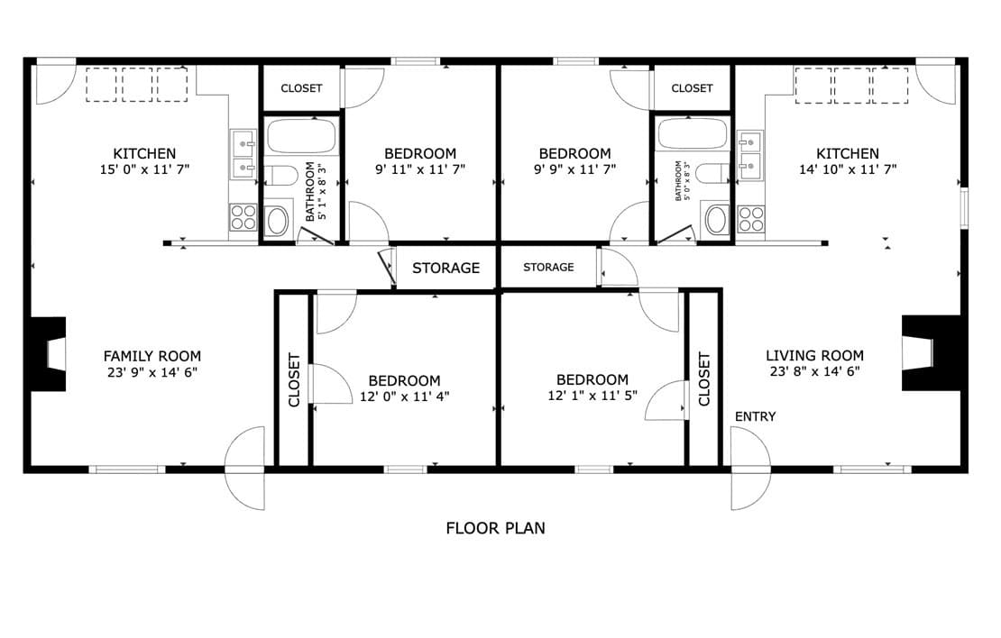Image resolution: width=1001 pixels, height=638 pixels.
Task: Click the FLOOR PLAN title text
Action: pyautogui.click(x=495, y=528)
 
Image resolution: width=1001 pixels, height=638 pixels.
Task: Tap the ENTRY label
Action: pyautogui.click(x=755, y=416)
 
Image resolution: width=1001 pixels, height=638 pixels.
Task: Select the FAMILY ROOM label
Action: pyautogui.click(x=152, y=356)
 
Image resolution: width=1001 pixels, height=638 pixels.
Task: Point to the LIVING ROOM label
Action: pyautogui.click(x=814, y=355)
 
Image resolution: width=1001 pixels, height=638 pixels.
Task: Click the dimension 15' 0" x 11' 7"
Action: pyautogui.click(x=145, y=169)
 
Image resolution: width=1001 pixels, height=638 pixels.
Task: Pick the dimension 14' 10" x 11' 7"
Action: pyautogui.click(x=848, y=169)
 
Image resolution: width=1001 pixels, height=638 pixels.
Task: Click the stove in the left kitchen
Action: pyautogui.click(x=243, y=217)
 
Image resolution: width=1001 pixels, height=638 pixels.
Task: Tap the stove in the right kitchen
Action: pyautogui.click(x=750, y=219)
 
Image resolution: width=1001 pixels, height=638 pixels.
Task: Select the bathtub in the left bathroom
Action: pyautogui.click(x=300, y=136)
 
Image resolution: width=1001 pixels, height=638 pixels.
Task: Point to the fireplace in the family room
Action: pyautogui.click(x=46, y=354)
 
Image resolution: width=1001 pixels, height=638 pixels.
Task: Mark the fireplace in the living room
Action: pyautogui.click(x=932, y=353)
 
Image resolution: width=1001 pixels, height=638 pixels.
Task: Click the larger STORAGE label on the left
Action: pyautogui.click(x=445, y=268)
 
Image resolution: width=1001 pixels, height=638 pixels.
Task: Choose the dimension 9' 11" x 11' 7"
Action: pyautogui.click(x=420, y=169)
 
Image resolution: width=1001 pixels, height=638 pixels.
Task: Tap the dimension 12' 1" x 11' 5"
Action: pyautogui.click(x=592, y=396)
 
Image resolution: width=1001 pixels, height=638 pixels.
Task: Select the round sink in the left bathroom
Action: pyautogui.click(x=278, y=221)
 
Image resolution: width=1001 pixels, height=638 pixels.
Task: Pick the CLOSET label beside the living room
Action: pyautogui.click(x=704, y=379)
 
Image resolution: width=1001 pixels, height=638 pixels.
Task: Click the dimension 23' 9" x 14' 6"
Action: pyautogui.click(x=152, y=372)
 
